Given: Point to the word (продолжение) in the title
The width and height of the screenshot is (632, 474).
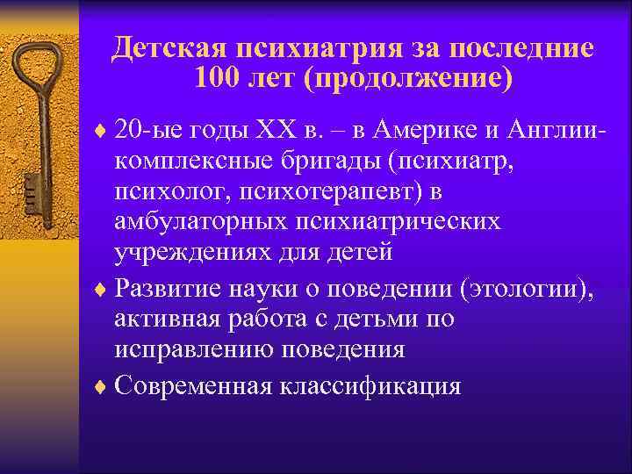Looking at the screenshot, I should (406, 79).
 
